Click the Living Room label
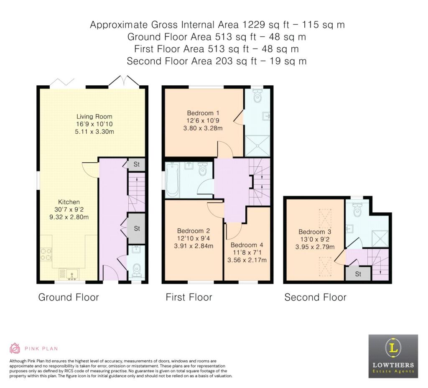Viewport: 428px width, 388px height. (x=94, y=117)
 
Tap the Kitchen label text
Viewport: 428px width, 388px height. (x=69, y=202)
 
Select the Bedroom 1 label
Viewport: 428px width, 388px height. (x=203, y=113)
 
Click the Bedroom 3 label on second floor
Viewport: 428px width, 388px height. (x=315, y=232)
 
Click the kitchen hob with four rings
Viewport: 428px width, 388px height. (x=46, y=254)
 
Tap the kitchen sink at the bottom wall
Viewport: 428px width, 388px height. (x=69, y=274)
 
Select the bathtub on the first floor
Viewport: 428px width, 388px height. (x=172, y=179)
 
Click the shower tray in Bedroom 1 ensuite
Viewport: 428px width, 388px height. (x=257, y=145)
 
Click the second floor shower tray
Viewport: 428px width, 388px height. (x=380, y=239)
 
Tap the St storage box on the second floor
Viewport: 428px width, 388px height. (x=358, y=273)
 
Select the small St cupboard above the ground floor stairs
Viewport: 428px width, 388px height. (x=137, y=164)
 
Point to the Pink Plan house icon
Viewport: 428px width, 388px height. (x=15, y=348)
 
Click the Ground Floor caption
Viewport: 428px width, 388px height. (x=69, y=297)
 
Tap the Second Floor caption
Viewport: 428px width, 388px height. (x=315, y=297)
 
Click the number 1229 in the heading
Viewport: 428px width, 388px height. (x=254, y=25)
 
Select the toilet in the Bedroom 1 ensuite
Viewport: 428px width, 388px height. (x=257, y=96)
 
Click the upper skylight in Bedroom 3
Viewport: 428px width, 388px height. (x=325, y=219)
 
